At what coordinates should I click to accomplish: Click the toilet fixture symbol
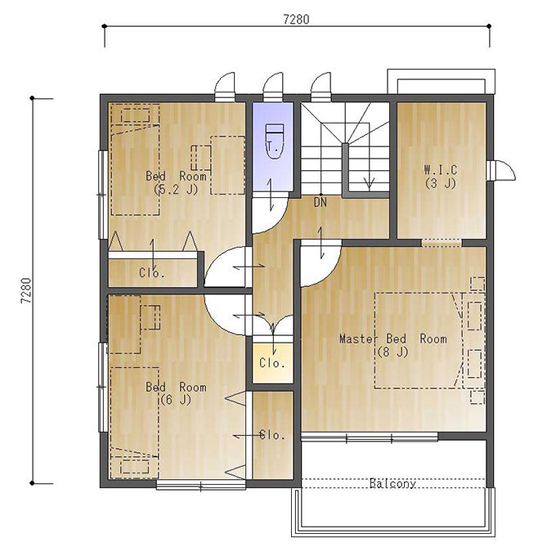(275, 141)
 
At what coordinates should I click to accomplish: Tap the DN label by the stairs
(321, 203)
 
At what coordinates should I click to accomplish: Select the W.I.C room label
(441, 170)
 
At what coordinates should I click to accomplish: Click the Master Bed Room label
(393, 339)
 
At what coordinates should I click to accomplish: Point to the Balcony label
(392, 483)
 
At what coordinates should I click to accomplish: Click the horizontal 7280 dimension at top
(297, 19)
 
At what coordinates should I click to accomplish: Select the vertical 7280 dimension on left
(27, 291)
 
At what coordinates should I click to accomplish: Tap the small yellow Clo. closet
(272, 363)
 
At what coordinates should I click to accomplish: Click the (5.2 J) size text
(176, 190)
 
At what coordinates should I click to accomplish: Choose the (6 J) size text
(176, 400)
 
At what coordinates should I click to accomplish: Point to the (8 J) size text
(393, 352)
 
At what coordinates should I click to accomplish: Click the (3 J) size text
(441, 183)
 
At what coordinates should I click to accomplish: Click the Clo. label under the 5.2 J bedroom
(152, 272)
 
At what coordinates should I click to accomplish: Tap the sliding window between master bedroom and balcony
(369, 438)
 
